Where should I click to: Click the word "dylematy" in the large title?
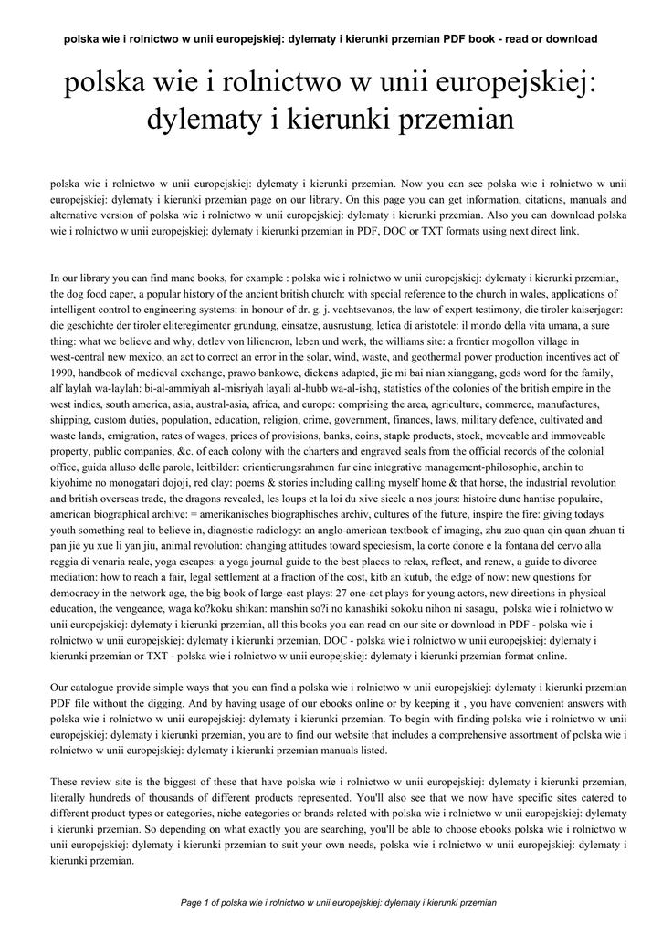tap(206, 120)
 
